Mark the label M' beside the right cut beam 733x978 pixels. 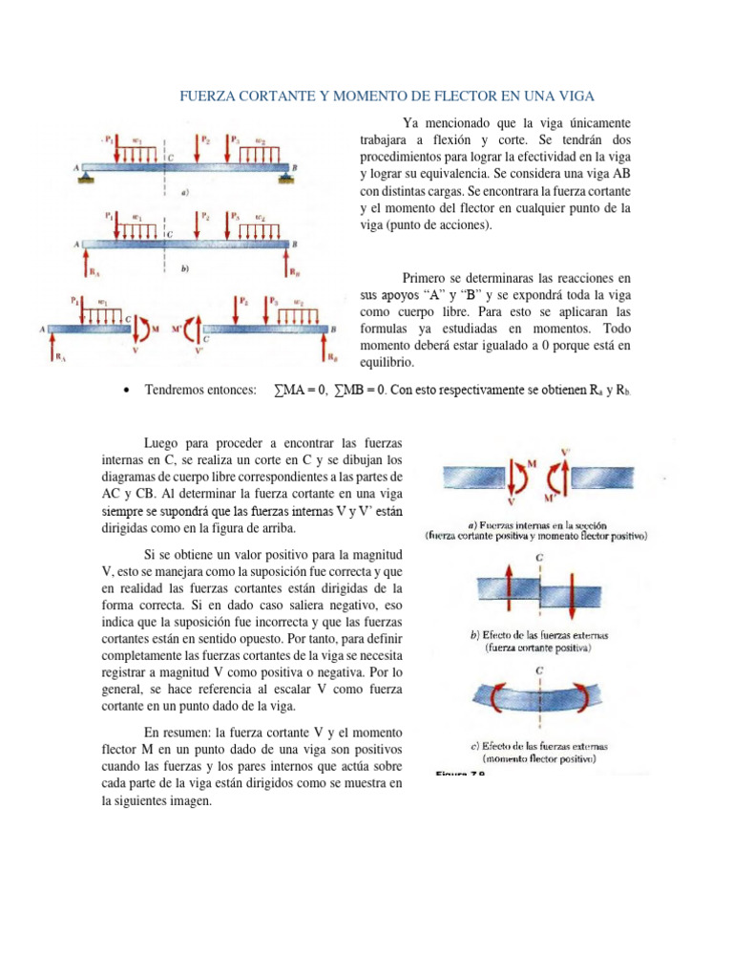177,329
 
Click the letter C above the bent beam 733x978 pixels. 540,671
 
